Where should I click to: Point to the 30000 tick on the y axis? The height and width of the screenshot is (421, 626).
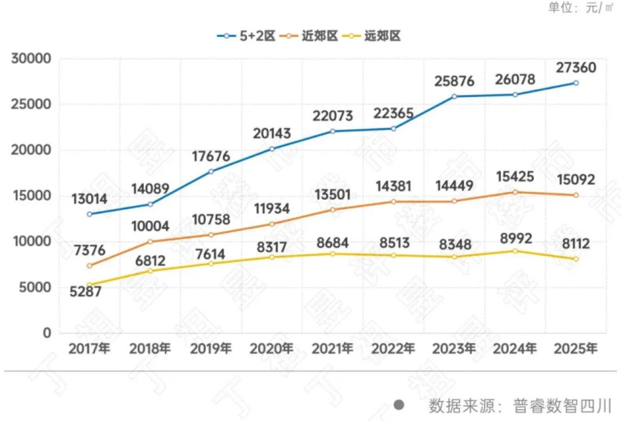(x=31, y=59)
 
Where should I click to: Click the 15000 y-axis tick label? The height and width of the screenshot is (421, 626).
(x=31, y=196)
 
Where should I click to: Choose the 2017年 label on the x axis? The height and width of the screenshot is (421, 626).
(x=89, y=349)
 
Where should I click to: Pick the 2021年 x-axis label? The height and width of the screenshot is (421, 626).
(x=332, y=349)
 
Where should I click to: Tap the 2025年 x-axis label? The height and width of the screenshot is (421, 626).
(x=576, y=349)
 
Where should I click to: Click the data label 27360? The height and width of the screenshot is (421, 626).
(x=576, y=67)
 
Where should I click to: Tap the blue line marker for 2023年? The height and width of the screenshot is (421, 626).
(x=454, y=96)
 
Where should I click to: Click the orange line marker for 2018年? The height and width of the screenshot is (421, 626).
(x=150, y=241)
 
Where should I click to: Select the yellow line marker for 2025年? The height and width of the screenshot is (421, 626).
(x=576, y=259)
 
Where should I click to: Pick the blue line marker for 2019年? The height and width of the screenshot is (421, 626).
(x=211, y=171)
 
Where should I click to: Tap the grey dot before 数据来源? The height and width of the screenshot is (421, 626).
(x=399, y=404)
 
